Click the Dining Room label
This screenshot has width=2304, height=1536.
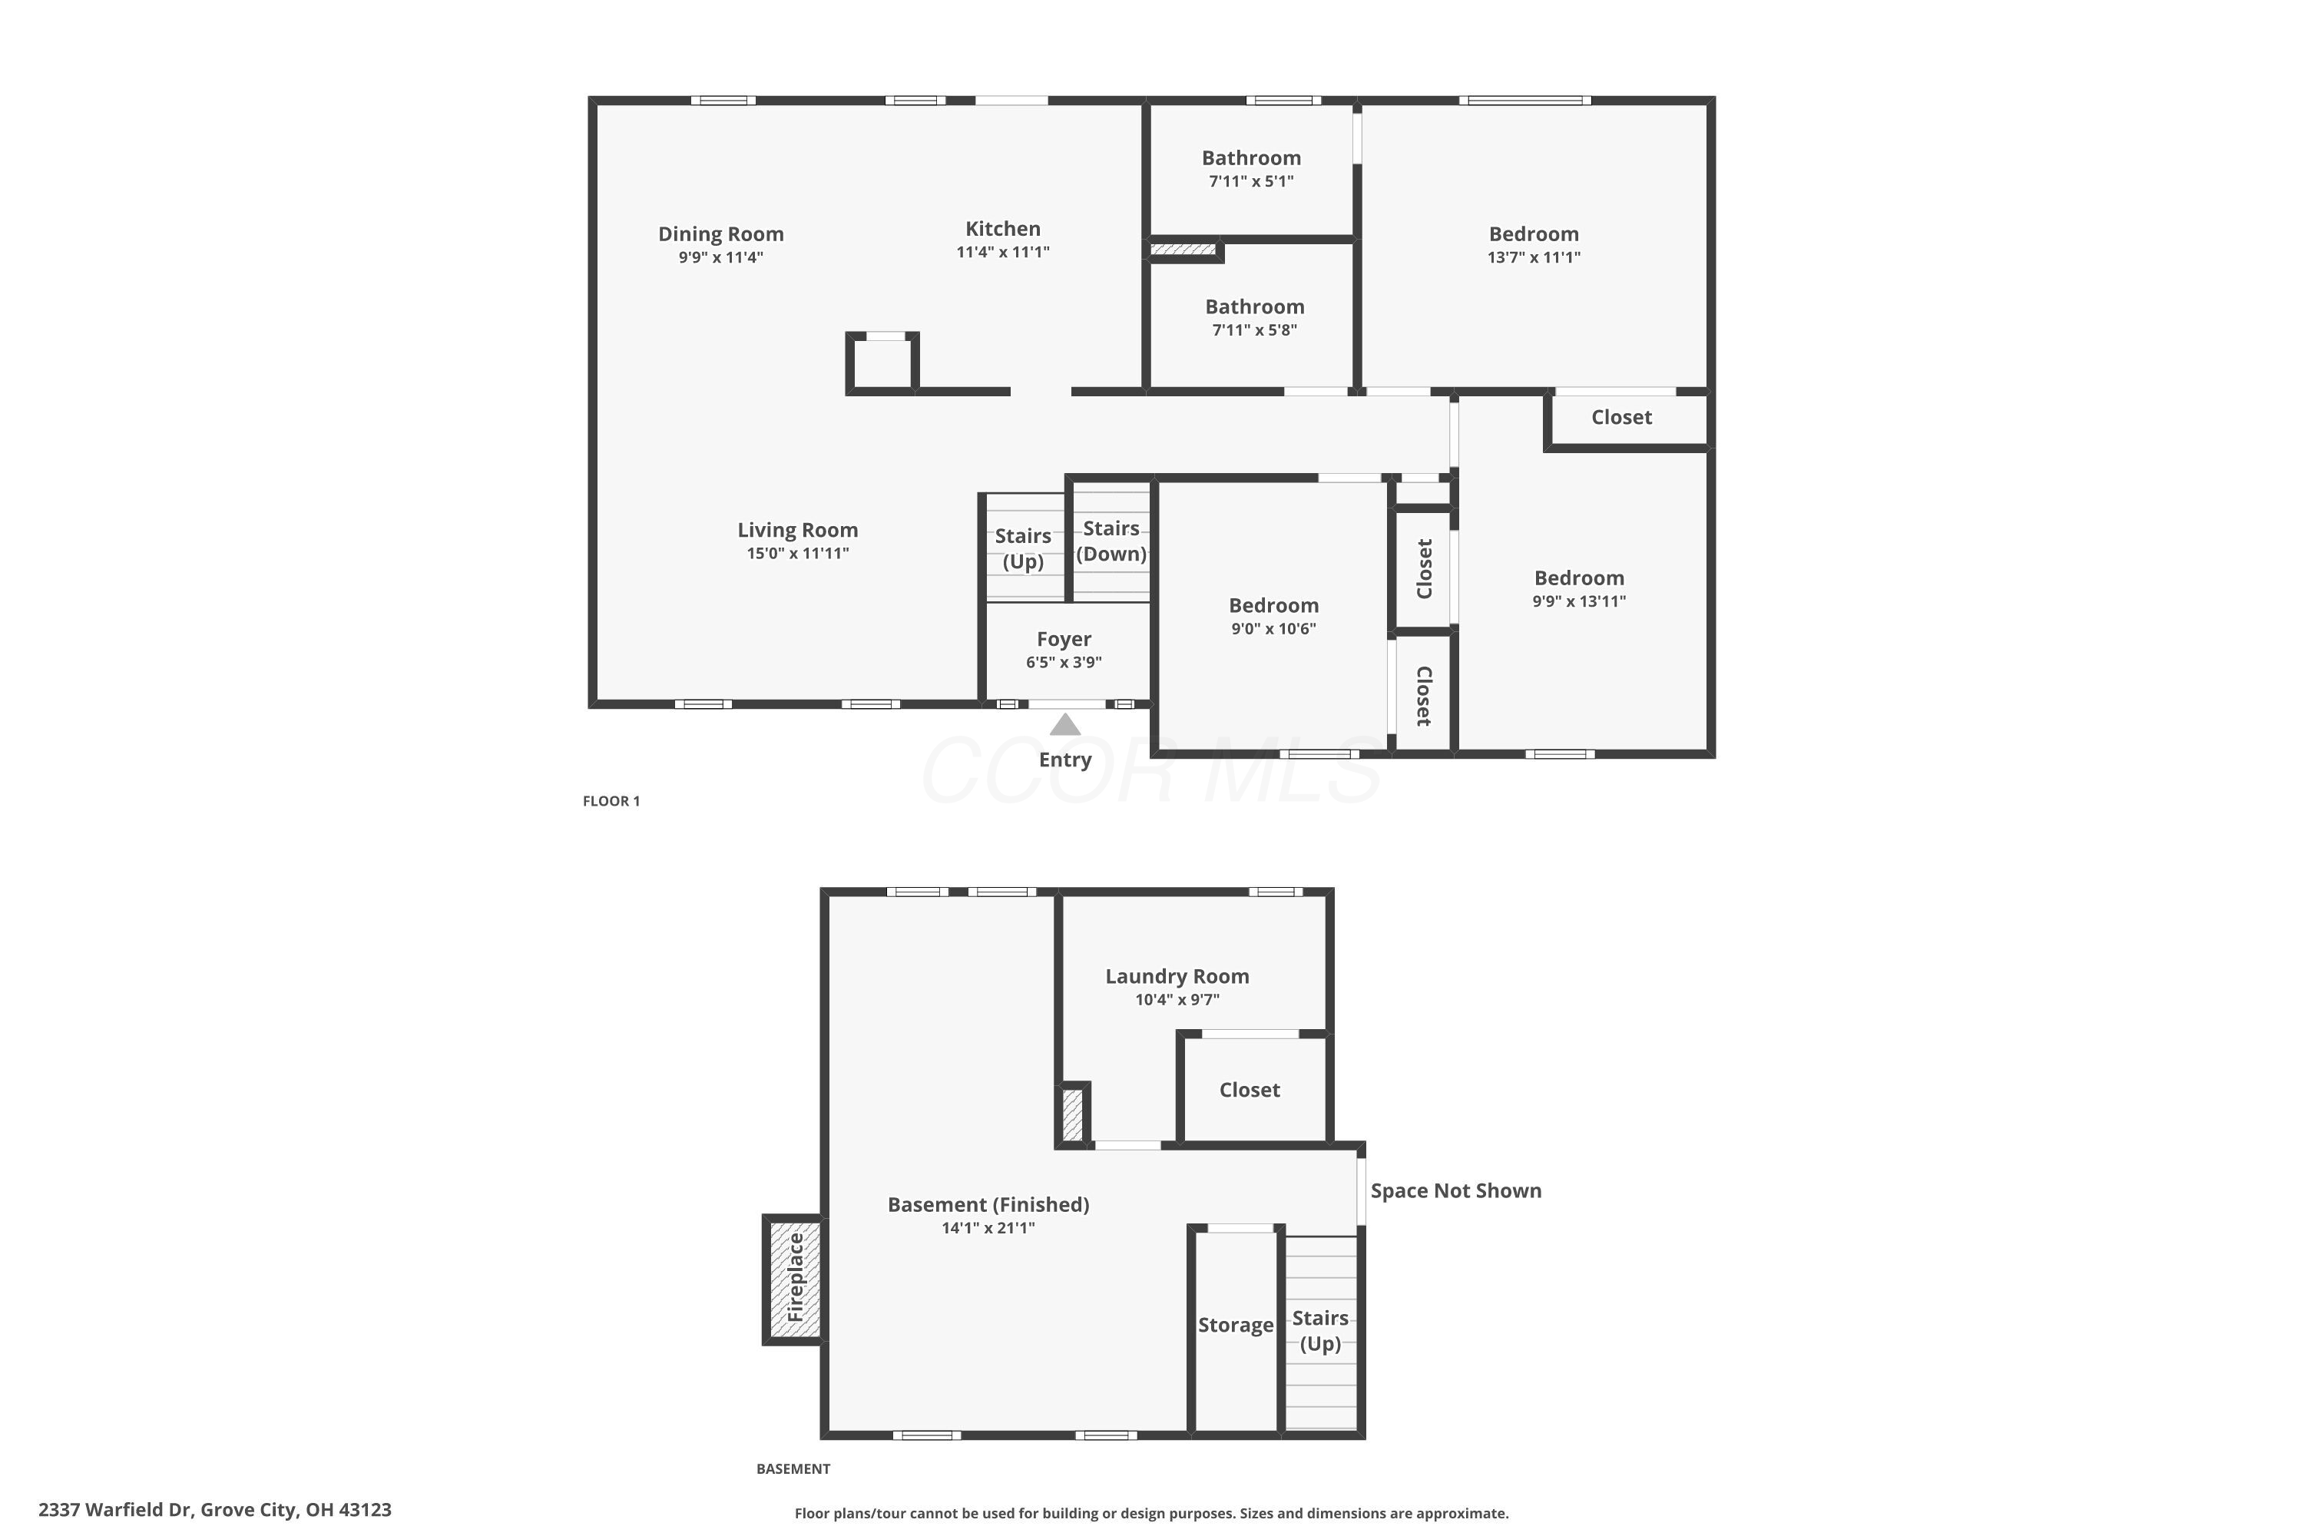pos(720,234)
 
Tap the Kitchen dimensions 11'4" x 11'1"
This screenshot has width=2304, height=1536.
pos(1002,252)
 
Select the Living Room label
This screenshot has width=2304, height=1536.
pos(797,530)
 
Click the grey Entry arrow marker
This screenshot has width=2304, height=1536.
pos(1064,725)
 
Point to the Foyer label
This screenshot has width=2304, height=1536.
pos(1064,639)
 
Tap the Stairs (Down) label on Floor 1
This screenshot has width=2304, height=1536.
pos(1111,541)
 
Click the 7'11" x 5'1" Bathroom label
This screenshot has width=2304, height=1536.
pos(1251,157)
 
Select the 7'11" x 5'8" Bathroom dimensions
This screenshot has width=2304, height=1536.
pos(1254,330)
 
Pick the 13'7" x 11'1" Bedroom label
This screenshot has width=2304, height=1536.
pos(1533,234)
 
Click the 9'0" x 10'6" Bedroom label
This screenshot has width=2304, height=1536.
pos(1273,605)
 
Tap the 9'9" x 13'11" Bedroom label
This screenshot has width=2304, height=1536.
pos(1578,578)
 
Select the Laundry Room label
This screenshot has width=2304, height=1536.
pos(1177,977)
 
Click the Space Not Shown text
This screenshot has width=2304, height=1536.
pos(1455,1190)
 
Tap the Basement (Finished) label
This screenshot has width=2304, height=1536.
pos(988,1205)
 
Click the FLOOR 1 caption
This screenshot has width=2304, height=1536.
pos(611,801)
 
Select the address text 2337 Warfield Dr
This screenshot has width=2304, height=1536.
pos(118,1510)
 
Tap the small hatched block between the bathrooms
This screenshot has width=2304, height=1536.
pos(1183,250)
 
